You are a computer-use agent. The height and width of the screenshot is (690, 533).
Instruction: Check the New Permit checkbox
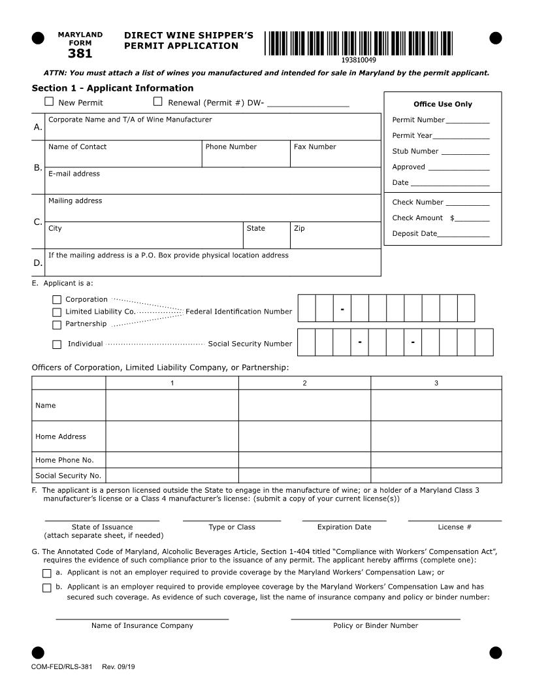click(x=49, y=101)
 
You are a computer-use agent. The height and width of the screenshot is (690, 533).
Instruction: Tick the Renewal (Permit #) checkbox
click(x=157, y=101)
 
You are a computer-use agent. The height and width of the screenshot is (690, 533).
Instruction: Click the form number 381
click(x=80, y=54)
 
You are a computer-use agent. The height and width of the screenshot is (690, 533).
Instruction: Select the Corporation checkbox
click(x=57, y=300)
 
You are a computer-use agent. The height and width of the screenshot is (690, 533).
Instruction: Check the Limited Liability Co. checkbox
click(x=57, y=312)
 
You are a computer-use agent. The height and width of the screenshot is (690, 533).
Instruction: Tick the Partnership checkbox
click(x=57, y=324)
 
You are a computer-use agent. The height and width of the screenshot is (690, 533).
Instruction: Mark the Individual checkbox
click(x=57, y=344)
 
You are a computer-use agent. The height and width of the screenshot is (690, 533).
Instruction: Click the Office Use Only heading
click(x=442, y=104)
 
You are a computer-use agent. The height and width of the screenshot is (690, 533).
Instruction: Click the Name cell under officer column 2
click(x=304, y=406)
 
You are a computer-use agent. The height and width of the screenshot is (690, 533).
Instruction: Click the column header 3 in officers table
click(x=436, y=383)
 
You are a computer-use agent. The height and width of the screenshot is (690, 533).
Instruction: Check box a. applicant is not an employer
click(x=46, y=573)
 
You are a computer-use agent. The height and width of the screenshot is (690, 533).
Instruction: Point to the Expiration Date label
click(x=344, y=527)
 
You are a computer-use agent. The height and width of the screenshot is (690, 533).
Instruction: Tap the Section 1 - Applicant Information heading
click(x=112, y=88)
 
